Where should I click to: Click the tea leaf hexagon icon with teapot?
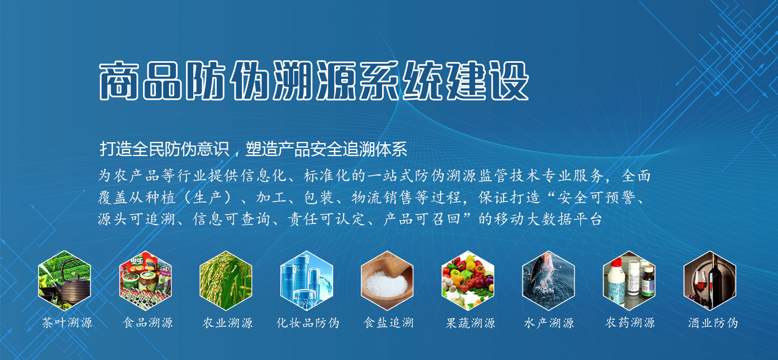64,281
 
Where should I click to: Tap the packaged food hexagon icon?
145,281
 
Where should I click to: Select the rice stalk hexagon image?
226,281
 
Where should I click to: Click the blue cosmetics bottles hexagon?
307,281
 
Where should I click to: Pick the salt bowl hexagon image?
387,281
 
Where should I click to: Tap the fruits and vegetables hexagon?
468,281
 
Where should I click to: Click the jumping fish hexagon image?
549,281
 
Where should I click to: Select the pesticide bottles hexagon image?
629,281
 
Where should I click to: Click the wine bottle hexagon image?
710,281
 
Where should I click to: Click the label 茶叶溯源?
67,323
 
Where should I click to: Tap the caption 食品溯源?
148,323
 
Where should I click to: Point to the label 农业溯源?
228,323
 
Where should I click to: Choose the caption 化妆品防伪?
308,323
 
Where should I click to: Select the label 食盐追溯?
389,323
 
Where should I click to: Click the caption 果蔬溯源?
470,323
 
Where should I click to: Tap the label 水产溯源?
549,323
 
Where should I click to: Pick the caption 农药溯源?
630,323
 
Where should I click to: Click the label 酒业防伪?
713,323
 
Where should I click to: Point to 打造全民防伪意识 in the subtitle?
165,149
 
